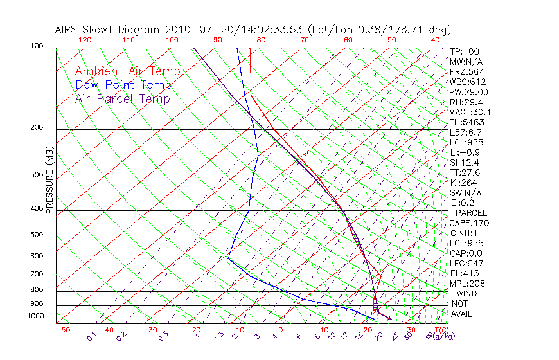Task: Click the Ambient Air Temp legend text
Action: click(127, 71)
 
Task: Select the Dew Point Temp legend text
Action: click(123, 85)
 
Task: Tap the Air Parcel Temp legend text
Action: click(122, 98)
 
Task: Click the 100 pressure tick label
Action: click(37, 46)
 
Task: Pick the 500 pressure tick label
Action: click(37, 235)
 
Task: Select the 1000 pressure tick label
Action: click(36, 316)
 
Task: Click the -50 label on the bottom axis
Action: click(63, 330)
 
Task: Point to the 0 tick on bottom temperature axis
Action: click(281, 330)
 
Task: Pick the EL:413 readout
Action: click(464, 273)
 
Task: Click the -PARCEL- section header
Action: click(472, 213)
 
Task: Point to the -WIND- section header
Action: click(468, 293)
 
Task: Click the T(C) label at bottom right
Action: click(436, 330)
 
